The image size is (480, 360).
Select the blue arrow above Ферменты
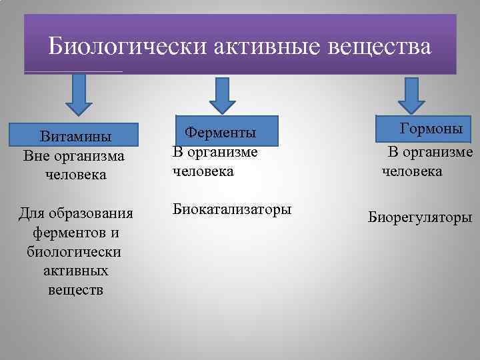click(x=223, y=96)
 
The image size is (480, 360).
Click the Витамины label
click(x=75, y=137)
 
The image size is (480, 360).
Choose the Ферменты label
click(x=221, y=133)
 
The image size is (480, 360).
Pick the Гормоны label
click(x=431, y=128)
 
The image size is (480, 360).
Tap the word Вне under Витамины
click(x=37, y=156)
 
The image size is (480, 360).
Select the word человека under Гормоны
click(x=411, y=171)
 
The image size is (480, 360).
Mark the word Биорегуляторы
click(x=420, y=217)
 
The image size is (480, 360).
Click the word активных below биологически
click(x=75, y=271)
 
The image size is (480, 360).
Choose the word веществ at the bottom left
click(x=75, y=290)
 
